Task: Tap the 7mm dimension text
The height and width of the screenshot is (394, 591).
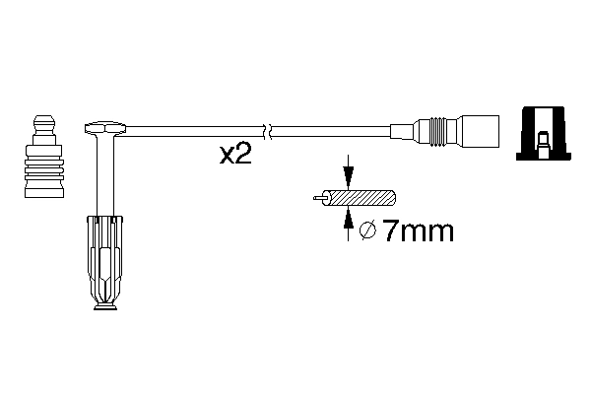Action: point(418,232)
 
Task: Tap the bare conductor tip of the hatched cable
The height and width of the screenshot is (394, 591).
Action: point(316,198)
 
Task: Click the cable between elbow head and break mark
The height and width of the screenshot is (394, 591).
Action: point(192,127)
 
